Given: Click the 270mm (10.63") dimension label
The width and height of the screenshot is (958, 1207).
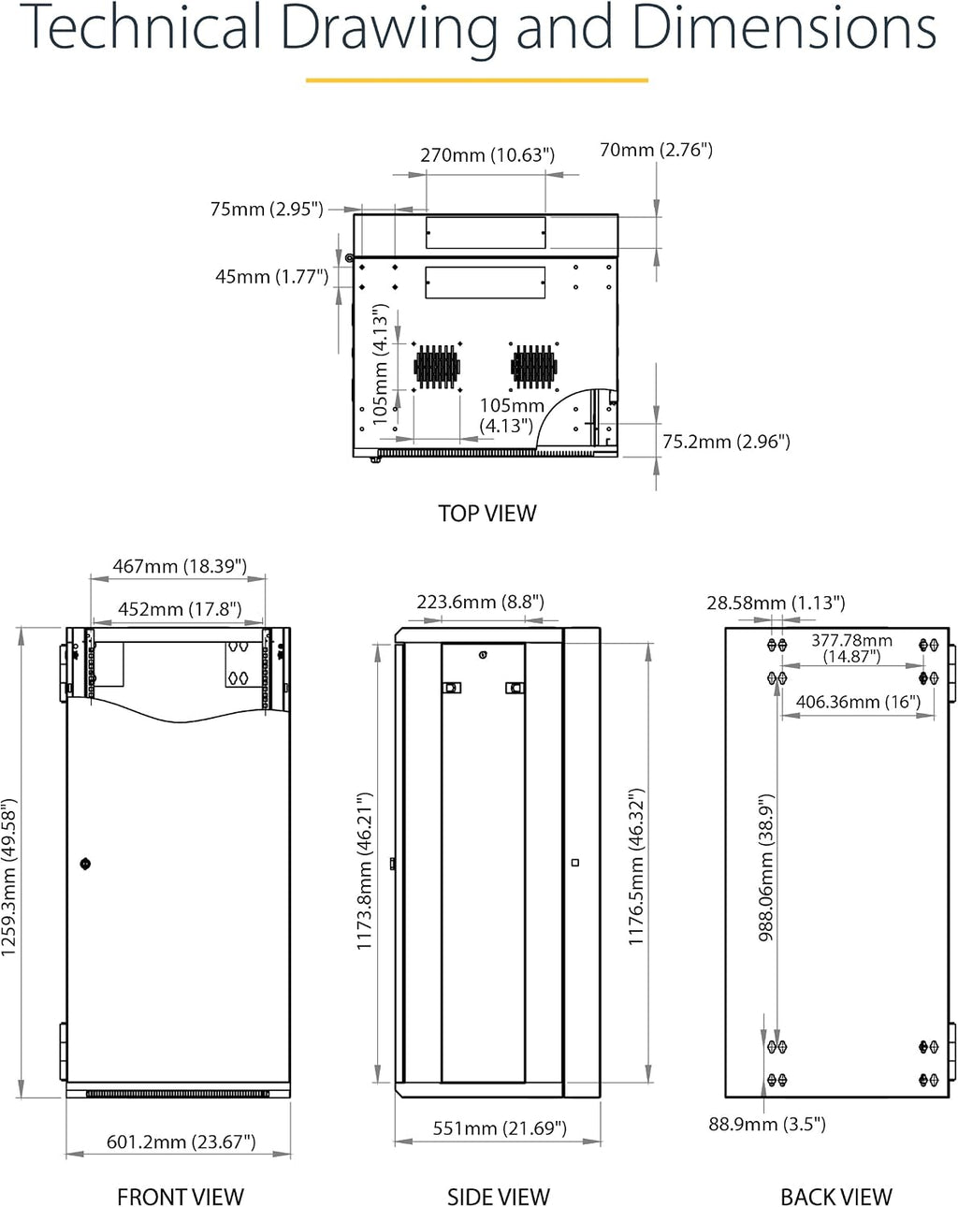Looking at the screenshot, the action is tap(487, 154).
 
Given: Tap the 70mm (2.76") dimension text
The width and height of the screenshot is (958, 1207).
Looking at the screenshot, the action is tap(656, 150).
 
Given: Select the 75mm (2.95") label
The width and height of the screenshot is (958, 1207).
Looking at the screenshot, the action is tap(267, 210).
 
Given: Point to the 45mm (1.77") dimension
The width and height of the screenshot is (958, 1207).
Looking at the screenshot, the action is tap(272, 277).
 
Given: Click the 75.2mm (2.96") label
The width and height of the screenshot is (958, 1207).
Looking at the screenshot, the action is tap(726, 442).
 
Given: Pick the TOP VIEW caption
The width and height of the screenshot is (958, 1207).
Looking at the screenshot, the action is tap(486, 513).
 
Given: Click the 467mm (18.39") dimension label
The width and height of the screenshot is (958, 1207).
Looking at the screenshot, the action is tap(180, 566).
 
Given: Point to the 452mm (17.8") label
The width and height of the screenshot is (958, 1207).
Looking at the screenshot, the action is tap(180, 609).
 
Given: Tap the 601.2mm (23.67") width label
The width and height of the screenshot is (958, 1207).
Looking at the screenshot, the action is tap(181, 1142).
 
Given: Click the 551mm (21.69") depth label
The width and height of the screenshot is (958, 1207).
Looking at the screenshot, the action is tap(500, 1127).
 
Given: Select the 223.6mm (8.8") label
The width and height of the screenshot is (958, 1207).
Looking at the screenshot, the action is tap(481, 603).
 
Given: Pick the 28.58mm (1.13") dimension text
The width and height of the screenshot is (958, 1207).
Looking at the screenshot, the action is tap(776, 603).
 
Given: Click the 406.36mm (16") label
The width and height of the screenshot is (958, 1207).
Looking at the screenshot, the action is tap(858, 702).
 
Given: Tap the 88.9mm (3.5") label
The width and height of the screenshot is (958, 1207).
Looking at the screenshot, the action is tap(767, 1124).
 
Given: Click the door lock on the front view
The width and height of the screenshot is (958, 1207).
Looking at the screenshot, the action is tap(85, 864).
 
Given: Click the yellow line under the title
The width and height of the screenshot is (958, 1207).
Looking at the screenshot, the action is tap(477, 80).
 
